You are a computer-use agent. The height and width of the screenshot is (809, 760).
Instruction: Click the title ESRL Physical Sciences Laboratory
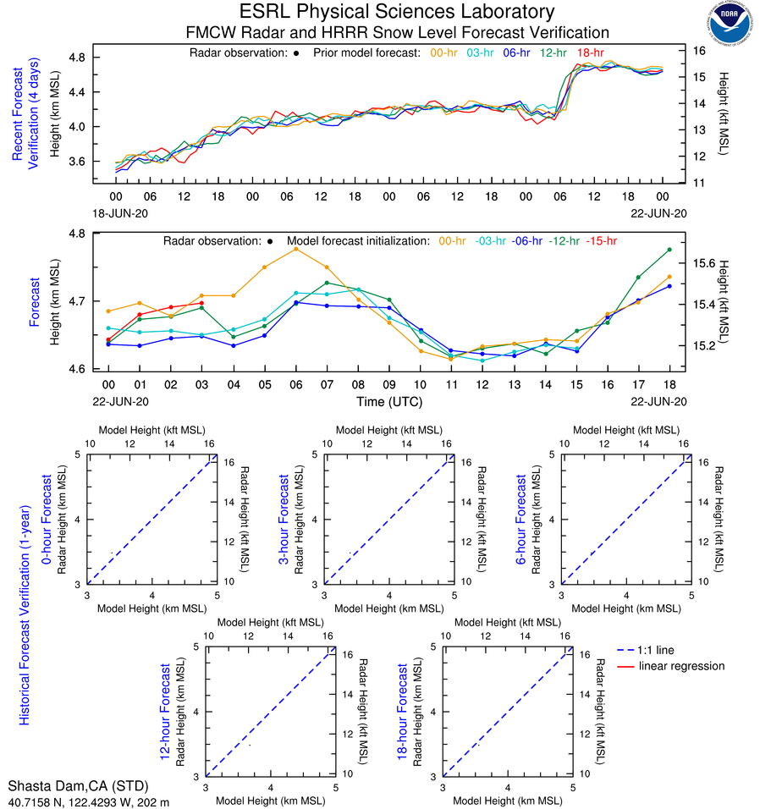pyautogui.click(x=397, y=12)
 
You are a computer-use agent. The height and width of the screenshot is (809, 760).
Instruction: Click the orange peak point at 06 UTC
pyautogui.click(x=295, y=249)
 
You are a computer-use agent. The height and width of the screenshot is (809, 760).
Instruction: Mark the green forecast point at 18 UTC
pyautogui.click(x=669, y=250)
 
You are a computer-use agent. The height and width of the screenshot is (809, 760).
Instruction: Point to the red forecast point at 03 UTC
pyautogui.click(x=201, y=303)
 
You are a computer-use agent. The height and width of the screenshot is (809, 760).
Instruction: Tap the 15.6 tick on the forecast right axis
pyautogui.click(x=702, y=263)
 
